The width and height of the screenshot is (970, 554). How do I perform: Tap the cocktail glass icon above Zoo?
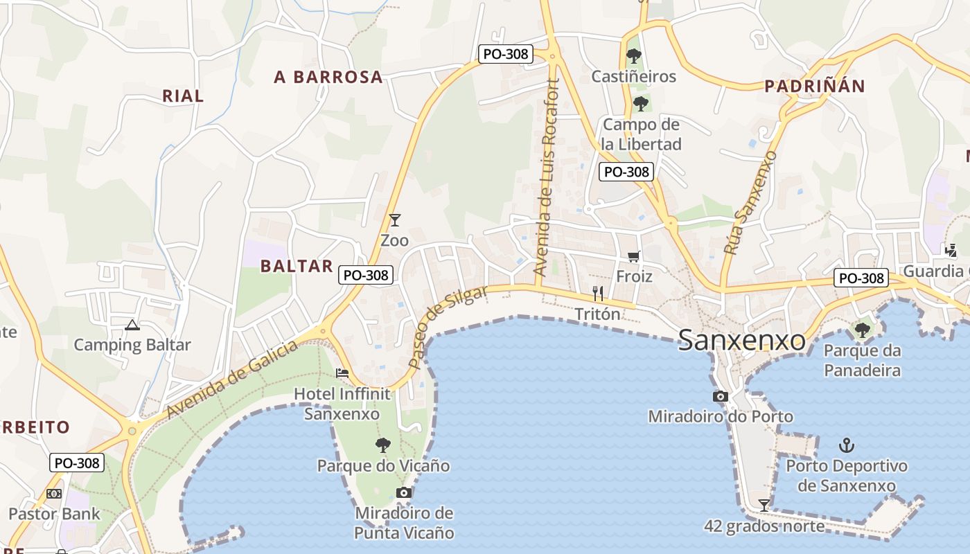[x=395, y=220]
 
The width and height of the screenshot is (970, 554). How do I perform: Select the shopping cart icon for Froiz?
[x=633, y=257]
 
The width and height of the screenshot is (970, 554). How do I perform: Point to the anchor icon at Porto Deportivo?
[x=846, y=445]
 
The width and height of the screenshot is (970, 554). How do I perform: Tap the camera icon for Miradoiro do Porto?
[x=721, y=396]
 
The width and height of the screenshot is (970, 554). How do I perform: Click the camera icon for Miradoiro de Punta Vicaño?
[x=404, y=492]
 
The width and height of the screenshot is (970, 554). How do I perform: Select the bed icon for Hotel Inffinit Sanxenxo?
[x=342, y=373]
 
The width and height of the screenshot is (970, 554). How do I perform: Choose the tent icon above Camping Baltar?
[x=132, y=324]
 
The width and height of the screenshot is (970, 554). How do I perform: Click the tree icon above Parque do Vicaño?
[x=382, y=445]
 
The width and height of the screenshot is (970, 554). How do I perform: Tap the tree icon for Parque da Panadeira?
[x=863, y=330]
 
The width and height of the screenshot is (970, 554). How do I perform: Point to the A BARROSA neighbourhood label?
[x=328, y=77]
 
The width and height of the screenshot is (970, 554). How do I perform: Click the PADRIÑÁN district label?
[x=815, y=86]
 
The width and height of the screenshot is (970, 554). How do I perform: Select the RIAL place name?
[x=183, y=96]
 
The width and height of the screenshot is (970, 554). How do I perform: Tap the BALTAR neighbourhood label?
[x=297, y=266]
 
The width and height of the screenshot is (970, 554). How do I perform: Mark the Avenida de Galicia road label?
[x=232, y=379]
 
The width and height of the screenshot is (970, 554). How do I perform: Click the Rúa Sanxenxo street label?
[x=750, y=203]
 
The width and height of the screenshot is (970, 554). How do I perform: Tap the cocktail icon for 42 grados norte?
[x=764, y=505]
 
